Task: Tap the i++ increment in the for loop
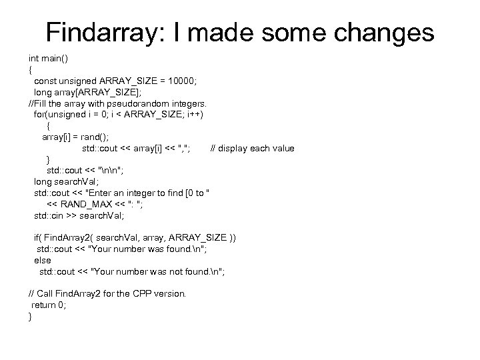pyautogui.click(x=193, y=114)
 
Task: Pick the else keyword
pyautogui.click(x=42, y=261)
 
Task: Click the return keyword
pyautogui.click(x=43, y=305)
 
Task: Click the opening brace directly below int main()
pyautogui.click(x=30, y=69)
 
